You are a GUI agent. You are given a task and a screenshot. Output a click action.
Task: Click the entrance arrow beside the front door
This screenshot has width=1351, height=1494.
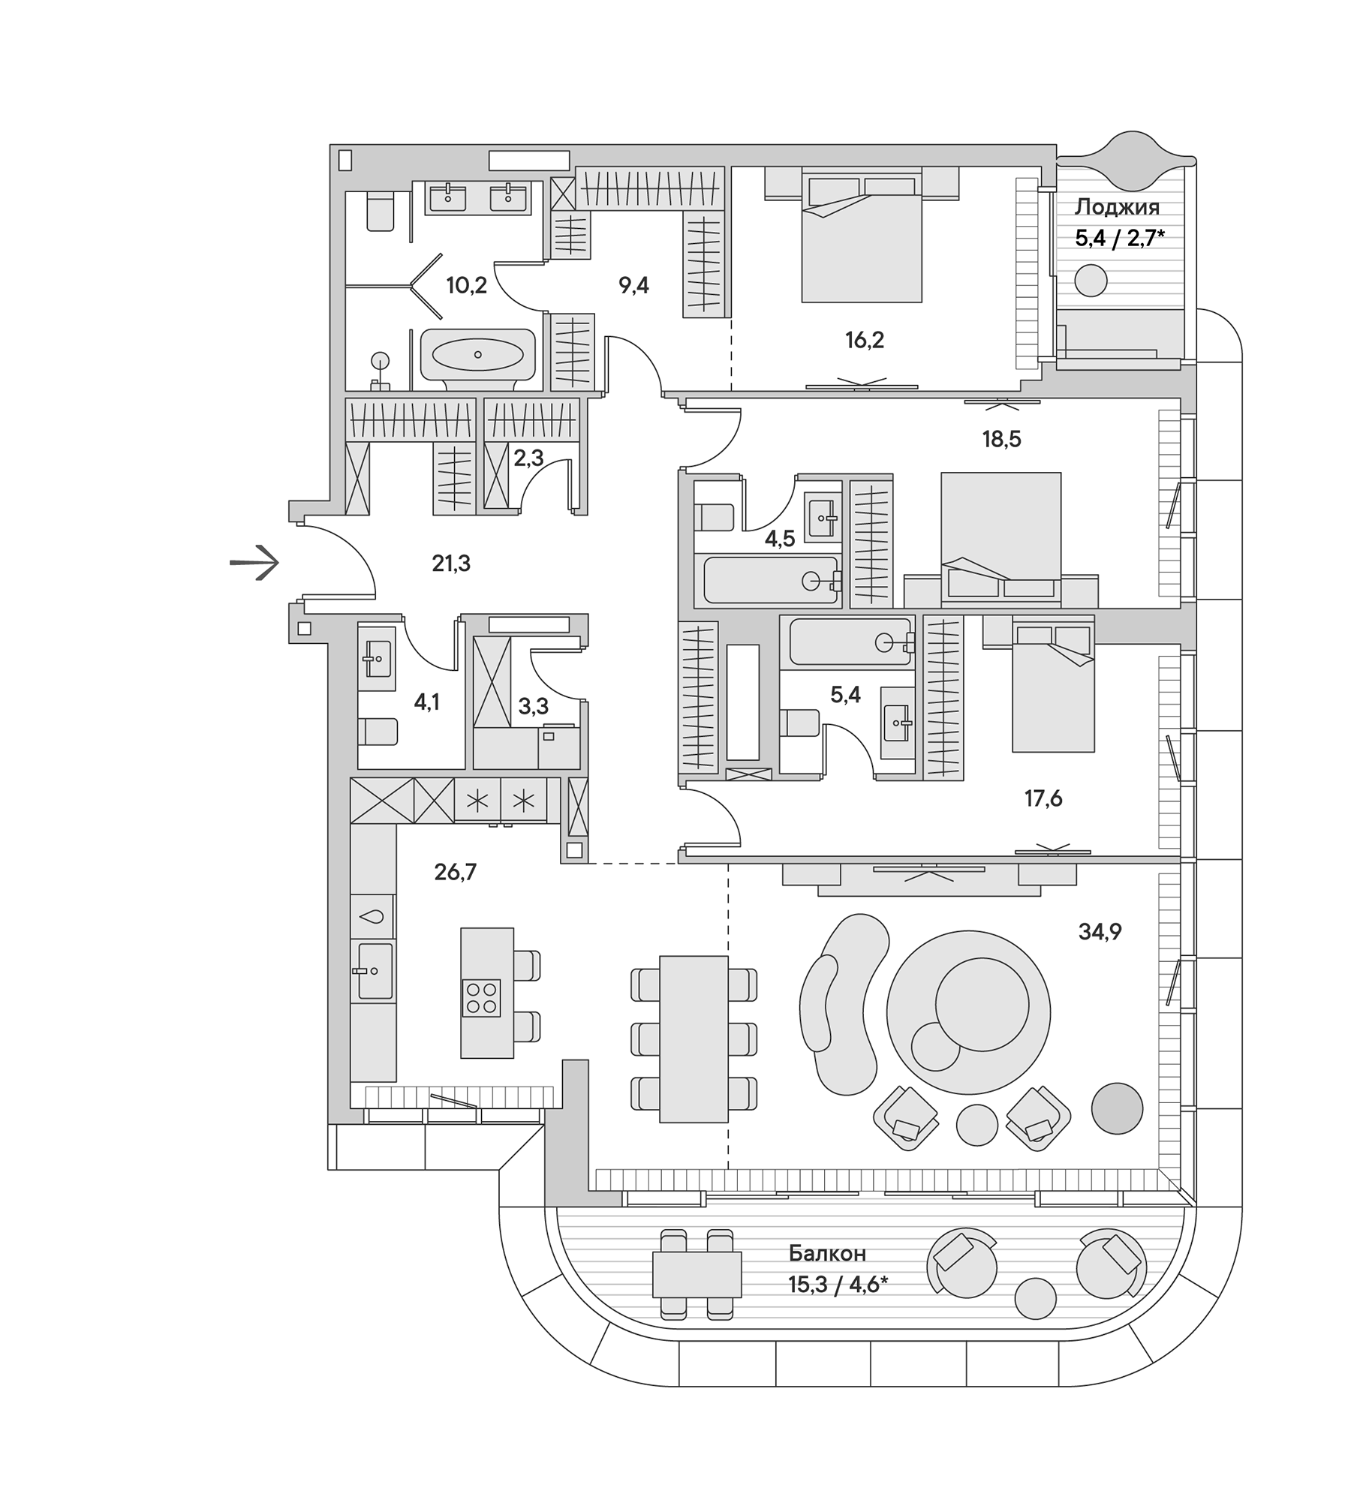tap(254, 562)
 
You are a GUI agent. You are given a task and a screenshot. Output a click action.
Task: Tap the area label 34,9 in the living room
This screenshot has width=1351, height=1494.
tap(1100, 932)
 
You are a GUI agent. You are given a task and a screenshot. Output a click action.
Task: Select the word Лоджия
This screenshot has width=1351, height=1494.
tap(1117, 207)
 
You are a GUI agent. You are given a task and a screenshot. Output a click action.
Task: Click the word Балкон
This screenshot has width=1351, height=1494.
tap(827, 1253)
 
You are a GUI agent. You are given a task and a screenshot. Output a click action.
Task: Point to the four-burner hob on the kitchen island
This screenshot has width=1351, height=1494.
tap(481, 998)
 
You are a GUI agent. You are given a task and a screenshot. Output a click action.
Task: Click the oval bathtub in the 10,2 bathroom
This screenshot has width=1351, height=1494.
tap(477, 354)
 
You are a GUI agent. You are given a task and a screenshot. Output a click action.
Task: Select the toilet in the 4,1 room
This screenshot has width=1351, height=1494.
tap(378, 732)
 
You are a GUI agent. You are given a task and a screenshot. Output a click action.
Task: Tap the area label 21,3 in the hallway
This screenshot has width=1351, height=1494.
tap(451, 563)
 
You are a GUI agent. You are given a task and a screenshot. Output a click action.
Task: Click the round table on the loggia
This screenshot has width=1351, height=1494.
tap(1091, 282)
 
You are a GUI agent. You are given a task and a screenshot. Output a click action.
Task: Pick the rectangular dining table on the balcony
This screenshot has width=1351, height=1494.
tap(697, 1274)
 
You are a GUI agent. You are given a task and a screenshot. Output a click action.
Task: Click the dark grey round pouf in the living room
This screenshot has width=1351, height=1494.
tap(1117, 1108)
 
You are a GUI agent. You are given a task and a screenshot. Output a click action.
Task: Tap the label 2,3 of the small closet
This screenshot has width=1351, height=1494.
tap(528, 458)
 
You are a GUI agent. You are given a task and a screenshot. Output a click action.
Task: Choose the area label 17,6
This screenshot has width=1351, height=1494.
tap(1043, 798)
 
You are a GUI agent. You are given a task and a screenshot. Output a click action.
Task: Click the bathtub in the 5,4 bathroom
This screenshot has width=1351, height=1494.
tap(848, 642)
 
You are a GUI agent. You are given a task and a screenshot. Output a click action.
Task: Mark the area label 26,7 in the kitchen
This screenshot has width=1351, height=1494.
tap(455, 872)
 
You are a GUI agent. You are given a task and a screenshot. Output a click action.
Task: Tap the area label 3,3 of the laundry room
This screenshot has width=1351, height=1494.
tap(533, 705)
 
